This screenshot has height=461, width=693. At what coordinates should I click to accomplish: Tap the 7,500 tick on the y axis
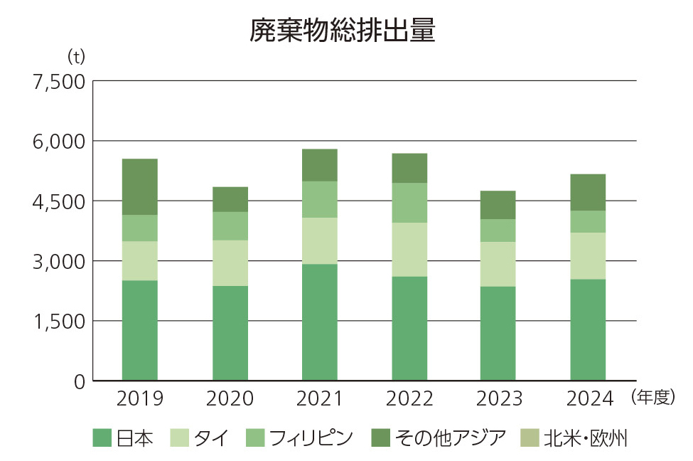tap(59, 81)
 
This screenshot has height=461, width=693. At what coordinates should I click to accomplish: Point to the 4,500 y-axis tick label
tap(59, 201)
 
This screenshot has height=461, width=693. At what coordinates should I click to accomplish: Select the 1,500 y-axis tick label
tap(59, 322)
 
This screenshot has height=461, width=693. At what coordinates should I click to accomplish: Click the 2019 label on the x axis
tap(139, 398)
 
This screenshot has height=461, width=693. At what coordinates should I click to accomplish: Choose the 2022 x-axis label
tap(409, 398)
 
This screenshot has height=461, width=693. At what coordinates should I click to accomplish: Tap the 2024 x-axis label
tap(589, 398)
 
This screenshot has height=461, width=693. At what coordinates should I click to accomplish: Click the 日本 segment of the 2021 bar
tap(319, 322)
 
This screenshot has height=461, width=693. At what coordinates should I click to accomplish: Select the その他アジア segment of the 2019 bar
tap(139, 187)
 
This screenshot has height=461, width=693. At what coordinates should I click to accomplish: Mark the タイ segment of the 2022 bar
tap(409, 250)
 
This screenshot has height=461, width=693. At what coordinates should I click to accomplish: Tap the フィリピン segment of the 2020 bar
tap(230, 226)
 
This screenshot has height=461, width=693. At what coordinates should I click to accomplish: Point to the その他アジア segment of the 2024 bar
tap(588, 192)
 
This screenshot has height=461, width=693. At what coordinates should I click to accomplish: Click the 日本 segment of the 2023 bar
tap(498, 334)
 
